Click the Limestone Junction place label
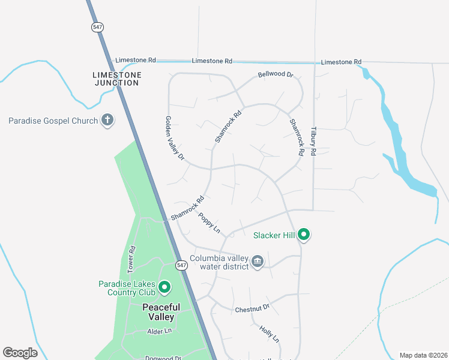coord(117,79)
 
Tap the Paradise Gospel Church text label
coord(53,121)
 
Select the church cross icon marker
coord(107,120)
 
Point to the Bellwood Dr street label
coord(275,75)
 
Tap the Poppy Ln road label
coord(209,224)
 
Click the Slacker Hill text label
coord(274,235)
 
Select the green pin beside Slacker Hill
coord(304,235)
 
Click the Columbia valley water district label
coord(219,263)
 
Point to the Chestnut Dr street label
coord(252,309)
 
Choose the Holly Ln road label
coord(270,334)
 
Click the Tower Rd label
coord(132,257)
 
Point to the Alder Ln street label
coord(160,331)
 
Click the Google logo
coord(20,353)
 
